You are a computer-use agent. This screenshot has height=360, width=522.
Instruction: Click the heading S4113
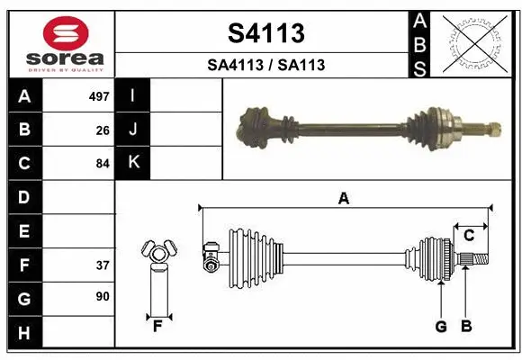pyautogui.click(x=265, y=33)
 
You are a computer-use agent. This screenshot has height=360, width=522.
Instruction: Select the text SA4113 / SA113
pyautogui.click(x=265, y=65)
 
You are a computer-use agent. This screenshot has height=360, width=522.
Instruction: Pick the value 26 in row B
pyautogui.click(x=103, y=130)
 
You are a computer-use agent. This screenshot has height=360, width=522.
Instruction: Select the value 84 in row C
pyautogui.click(x=103, y=164)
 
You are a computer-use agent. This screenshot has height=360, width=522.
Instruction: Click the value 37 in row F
pyautogui.click(x=103, y=265)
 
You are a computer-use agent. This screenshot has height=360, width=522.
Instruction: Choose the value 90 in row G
pyautogui.click(x=103, y=295)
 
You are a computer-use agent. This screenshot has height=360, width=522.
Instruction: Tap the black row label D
pyautogui.click(x=24, y=197)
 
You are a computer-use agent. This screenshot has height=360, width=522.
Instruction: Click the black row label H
pyautogui.click(x=24, y=334)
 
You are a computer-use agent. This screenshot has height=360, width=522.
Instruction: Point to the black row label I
pyautogui.click(x=132, y=95)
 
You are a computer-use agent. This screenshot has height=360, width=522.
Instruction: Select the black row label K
pyautogui.click(x=132, y=163)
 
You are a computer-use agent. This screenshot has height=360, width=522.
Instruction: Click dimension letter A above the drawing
pyautogui.click(x=343, y=199)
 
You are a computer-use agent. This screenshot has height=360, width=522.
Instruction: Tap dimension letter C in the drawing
pyautogui.click(x=469, y=236)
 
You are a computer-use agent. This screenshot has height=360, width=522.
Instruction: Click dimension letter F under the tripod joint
pyautogui.click(x=157, y=326)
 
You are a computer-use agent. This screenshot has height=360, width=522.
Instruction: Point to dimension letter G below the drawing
pyautogui.click(x=441, y=327)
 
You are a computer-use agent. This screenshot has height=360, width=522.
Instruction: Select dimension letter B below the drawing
pyautogui.click(x=465, y=327)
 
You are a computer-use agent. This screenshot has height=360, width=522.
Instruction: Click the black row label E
pyautogui.click(x=24, y=231)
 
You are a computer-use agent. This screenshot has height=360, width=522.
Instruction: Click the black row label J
pyautogui.click(x=132, y=130)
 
